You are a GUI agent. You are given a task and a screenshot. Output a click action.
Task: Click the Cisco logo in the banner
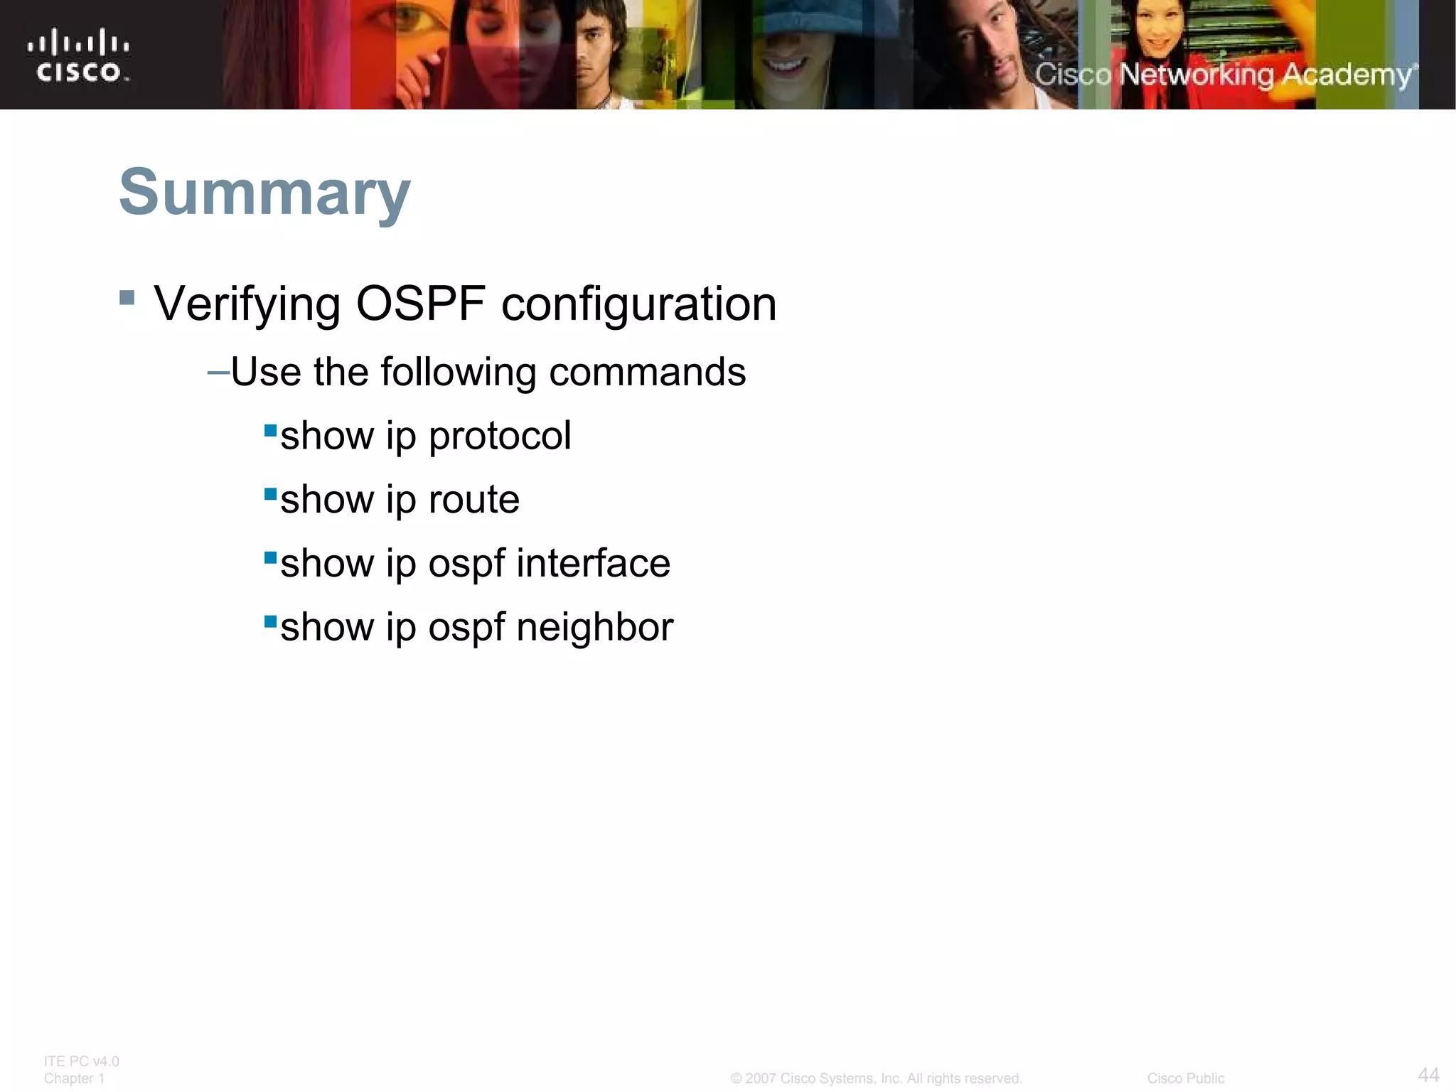[x=79, y=55]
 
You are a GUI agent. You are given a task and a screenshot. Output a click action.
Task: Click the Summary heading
[x=264, y=192]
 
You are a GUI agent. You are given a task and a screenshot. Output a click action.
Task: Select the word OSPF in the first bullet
[x=421, y=304]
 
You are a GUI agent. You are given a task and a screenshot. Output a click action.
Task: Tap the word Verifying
[x=247, y=304]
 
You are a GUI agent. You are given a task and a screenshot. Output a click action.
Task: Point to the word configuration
[x=638, y=304]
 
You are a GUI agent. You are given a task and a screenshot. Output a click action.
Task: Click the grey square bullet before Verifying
[x=127, y=297]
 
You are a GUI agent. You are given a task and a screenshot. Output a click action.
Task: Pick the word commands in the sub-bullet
[x=647, y=372]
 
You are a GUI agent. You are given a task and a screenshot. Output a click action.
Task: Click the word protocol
[x=500, y=436]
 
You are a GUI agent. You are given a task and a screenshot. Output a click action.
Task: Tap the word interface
[x=593, y=563]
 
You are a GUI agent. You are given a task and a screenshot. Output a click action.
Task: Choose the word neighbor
[x=594, y=627]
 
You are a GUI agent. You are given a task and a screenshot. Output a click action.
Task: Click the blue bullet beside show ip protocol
[x=270, y=430]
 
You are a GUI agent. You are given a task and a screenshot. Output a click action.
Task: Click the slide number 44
[x=1428, y=1074]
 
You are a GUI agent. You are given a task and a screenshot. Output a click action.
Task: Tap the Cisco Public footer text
[x=1185, y=1078]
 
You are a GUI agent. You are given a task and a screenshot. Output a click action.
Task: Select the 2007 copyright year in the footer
[x=760, y=1078]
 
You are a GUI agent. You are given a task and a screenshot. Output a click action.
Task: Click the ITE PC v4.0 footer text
[x=81, y=1061]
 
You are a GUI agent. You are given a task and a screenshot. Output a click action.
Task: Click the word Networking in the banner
[x=1196, y=75]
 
